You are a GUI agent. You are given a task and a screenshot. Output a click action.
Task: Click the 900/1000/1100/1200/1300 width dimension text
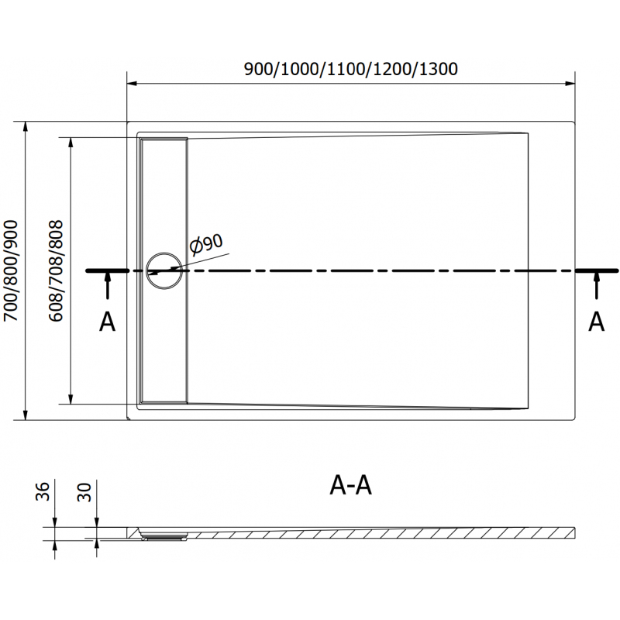tap(351, 69)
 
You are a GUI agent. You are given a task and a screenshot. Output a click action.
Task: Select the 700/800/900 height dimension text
tap(11, 270)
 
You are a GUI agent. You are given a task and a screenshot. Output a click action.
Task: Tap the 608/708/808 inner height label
tap(56, 270)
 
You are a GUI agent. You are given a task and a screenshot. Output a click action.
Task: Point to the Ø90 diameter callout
tap(206, 244)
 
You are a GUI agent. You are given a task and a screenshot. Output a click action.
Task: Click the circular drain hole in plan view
tap(164, 270)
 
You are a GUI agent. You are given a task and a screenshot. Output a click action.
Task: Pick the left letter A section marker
tap(107, 322)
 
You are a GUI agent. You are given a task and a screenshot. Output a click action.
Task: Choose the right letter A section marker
tap(596, 322)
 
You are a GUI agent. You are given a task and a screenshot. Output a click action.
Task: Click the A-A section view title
tap(351, 486)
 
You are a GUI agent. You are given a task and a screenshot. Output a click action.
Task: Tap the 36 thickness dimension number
tap(43, 491)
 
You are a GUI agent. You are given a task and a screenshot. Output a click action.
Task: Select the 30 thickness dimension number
tap(84, 492)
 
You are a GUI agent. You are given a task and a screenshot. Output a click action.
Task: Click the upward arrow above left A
tap(107, 285)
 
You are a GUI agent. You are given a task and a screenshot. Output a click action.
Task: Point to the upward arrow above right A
tap(596, 285)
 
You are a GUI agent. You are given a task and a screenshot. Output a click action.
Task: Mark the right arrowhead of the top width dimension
tap(570, 84)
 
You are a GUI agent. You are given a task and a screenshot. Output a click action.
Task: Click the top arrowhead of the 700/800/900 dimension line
tap(26, 126)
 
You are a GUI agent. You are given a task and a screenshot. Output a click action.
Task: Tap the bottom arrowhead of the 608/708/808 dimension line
tap(71, 399)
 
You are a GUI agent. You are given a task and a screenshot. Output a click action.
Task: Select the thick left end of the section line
tap(107, 270)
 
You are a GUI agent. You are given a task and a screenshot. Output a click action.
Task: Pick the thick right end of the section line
tap(596, 270)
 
